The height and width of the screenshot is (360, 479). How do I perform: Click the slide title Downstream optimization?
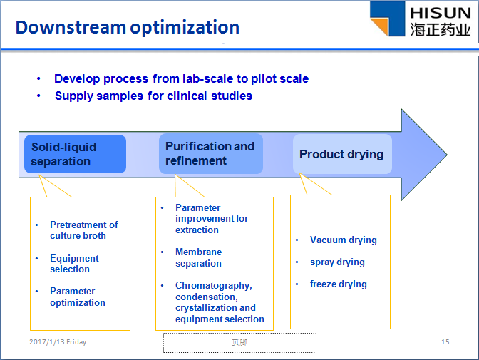click(x=128, y=28)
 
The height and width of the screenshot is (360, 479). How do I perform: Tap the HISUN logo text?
click(x=441, y=13)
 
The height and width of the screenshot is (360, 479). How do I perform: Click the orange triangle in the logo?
click(x=380, y=26)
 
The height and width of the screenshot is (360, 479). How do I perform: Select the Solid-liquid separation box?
click(x=75, y=154)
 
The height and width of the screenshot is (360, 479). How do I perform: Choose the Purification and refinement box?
click(x=211, y=153)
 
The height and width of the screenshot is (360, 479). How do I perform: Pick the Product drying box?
click(x=342, y=154)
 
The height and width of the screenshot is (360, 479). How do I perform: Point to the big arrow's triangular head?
click(x=424, y=155)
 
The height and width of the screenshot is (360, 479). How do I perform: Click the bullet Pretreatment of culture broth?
click(x=83, y=230)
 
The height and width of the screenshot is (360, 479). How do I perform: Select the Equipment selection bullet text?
click(x=74, y=264)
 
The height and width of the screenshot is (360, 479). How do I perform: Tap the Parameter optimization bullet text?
click(x=78, y=297)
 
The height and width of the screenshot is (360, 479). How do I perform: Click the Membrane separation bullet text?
click(x=199, y=257)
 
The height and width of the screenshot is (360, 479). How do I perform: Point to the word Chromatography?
click(x=214, y=285)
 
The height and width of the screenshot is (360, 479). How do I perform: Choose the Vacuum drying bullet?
click(x=344, y=240)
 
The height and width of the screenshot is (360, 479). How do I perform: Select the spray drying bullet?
click(x=337, y=262)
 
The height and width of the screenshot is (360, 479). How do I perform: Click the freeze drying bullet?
click(x=339, y=284)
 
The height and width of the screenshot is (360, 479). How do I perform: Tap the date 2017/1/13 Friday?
click(x=58, y=341)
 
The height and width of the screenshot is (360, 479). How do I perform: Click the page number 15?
click(x=445, y=341)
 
